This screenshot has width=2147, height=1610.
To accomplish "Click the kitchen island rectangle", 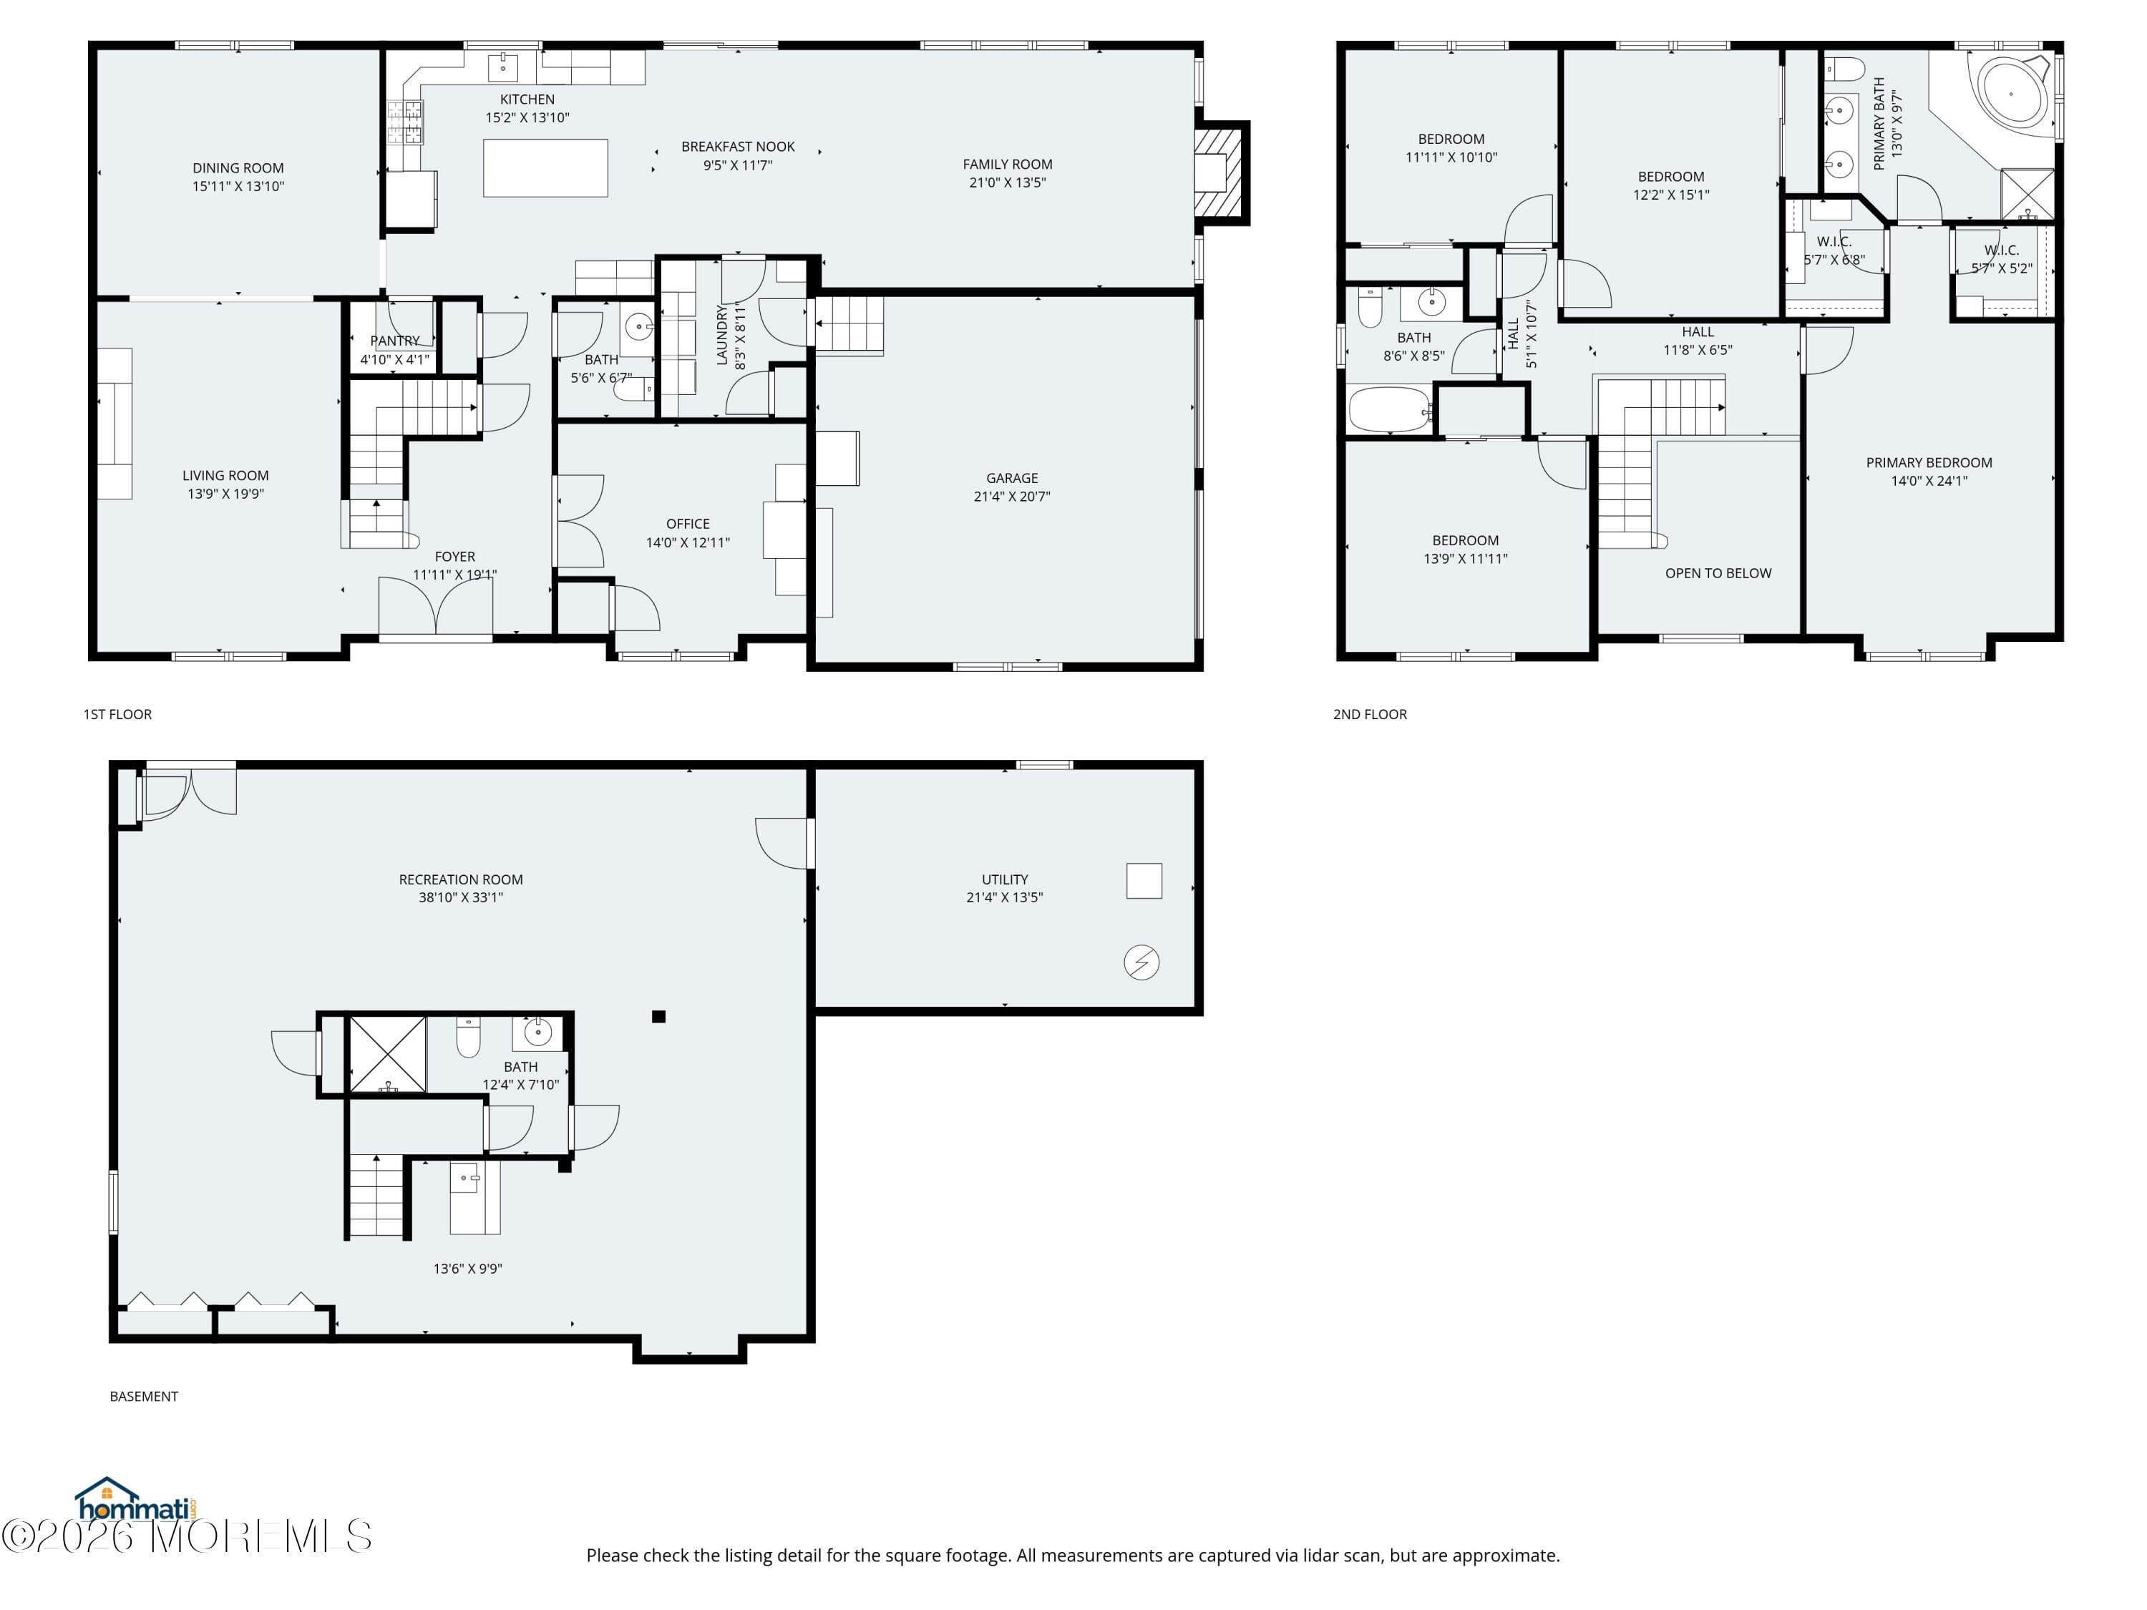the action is (545, 168).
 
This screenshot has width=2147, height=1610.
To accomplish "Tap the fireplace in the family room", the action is (1218, 172).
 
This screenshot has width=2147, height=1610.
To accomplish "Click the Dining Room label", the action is (238, 168).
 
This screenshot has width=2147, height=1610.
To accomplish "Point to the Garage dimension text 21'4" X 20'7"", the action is (1013, 496).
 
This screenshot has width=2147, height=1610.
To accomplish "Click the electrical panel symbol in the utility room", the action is (1141, 962).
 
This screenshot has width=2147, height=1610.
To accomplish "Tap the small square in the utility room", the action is (1144, 880).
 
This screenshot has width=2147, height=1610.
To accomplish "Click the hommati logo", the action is (137, 1501).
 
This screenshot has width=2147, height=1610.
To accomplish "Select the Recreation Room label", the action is (461, 879).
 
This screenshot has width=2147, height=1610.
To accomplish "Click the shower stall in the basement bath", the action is (387, 1054).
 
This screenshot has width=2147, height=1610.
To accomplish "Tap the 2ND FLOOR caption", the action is (1370, 714).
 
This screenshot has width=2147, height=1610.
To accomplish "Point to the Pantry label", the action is (395, 341).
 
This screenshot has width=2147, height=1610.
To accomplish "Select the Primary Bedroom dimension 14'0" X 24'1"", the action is (1929, 480).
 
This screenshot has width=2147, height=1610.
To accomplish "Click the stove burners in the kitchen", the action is (406, 123).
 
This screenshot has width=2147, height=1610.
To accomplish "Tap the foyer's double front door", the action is (436, 608).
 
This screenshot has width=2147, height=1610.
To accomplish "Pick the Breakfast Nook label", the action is (738, 147).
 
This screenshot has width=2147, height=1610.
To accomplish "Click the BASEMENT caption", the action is (144, 1397).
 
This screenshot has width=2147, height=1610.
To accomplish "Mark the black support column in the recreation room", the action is (658, 1017).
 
